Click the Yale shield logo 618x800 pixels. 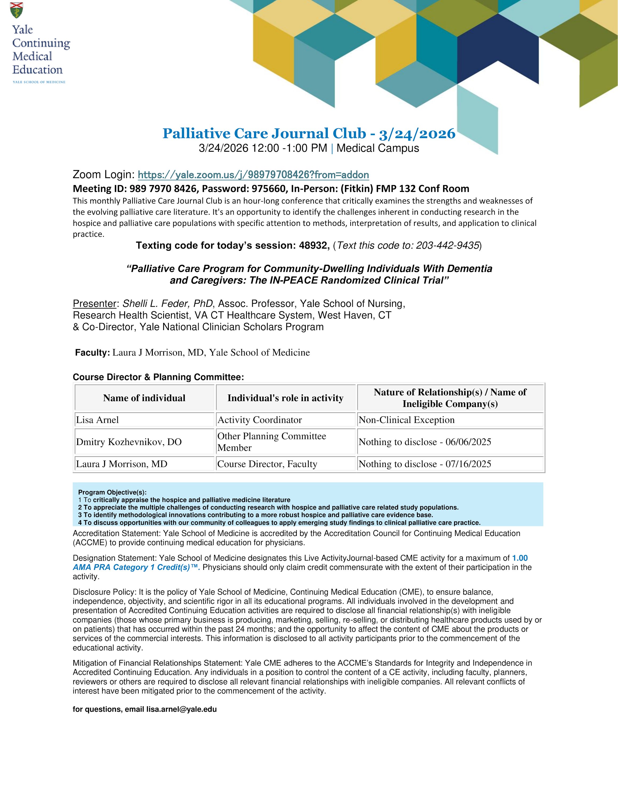click(17, 10)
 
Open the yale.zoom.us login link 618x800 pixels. click(253, 175)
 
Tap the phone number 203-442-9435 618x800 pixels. click(447, 245)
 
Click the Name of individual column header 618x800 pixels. click(144, 398)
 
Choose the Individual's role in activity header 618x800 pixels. click(286, 398)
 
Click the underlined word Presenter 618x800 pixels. click(94, 304)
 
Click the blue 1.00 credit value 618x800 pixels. click(520, 558)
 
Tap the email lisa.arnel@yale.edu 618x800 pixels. click(181, 709)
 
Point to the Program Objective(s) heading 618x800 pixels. click(112, 492)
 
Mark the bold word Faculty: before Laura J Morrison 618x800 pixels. click(92, 352)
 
